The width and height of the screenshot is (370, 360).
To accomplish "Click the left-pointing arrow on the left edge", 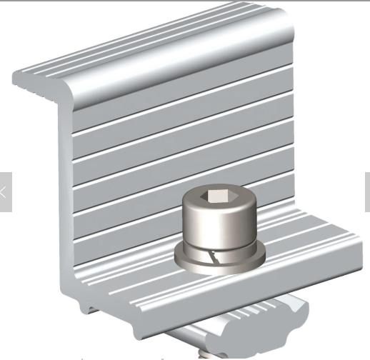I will click(x=4, y=191).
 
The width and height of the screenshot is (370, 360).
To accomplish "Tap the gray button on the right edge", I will click(x=367, y=191).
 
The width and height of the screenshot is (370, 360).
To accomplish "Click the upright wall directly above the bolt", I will click(x=214, y=143).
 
